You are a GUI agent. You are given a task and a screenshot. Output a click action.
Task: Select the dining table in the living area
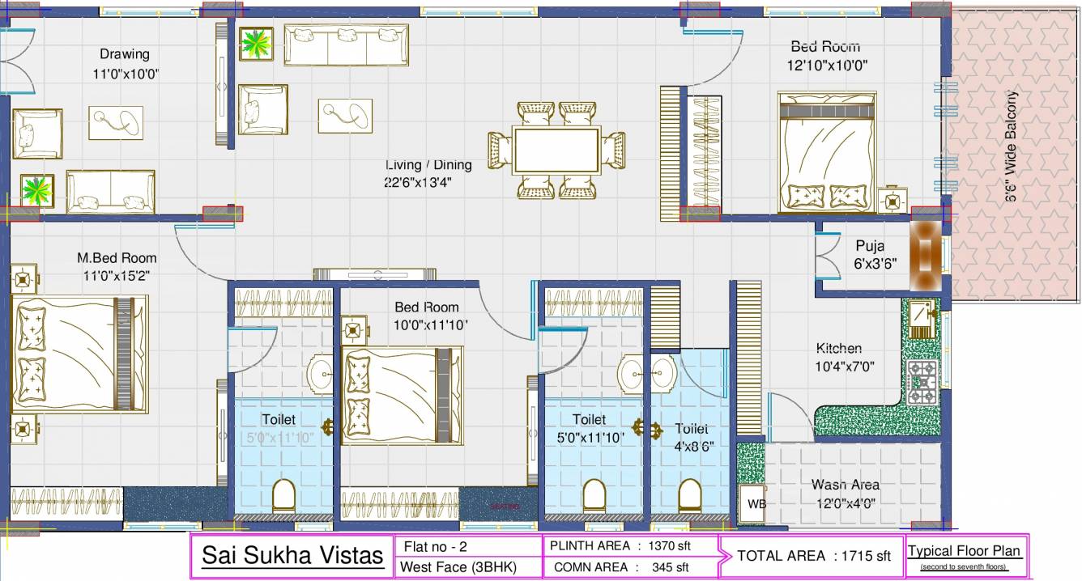(556, 151)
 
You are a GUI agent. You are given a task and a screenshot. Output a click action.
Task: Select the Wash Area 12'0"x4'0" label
(846, 493)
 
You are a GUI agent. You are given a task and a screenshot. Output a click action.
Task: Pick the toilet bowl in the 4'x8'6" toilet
(689, 495)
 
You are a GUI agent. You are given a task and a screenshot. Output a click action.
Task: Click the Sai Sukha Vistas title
(292, 556)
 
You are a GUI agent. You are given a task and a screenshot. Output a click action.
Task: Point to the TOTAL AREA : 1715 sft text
(813, 556)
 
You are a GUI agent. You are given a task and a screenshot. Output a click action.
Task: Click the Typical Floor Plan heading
(964, 551)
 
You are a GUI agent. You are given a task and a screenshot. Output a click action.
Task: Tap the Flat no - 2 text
(435, 547)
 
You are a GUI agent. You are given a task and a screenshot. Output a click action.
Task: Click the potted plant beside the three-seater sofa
(257, 44)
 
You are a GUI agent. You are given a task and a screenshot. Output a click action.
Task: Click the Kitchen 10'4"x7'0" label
(839, 356)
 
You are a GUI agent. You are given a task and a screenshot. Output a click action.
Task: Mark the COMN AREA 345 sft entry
(621, 567)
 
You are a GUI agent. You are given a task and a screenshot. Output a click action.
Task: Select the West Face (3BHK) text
(458, 567)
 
